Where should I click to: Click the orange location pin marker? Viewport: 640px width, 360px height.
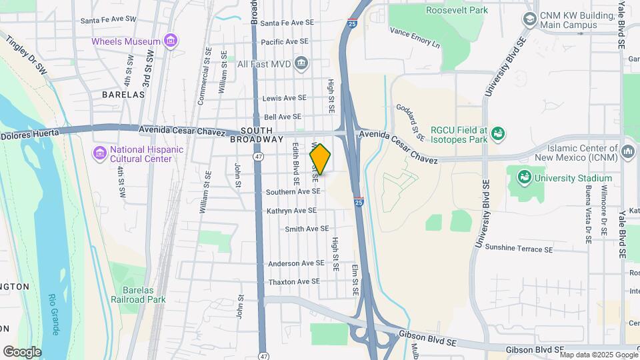tap(321, 159)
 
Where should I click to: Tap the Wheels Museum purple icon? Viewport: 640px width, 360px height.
tap(171, 41)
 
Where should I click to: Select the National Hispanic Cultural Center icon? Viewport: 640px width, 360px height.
tap(100, 154)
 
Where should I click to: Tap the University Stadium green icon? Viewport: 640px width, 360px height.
tap(524, 178)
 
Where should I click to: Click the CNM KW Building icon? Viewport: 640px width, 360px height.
tap(530, 19)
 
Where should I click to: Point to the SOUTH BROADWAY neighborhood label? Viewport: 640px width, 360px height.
tap(257, 135)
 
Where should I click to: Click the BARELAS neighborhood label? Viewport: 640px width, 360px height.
tap(123, 95)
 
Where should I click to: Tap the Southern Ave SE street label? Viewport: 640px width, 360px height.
tap(293, 192)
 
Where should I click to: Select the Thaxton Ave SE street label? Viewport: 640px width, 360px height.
tap(294, 282)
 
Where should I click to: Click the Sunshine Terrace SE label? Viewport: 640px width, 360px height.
tap(519, 249)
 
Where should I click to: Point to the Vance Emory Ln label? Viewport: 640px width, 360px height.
tap(415, 37)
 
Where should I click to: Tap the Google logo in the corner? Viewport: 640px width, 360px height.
tap(22, 351)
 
